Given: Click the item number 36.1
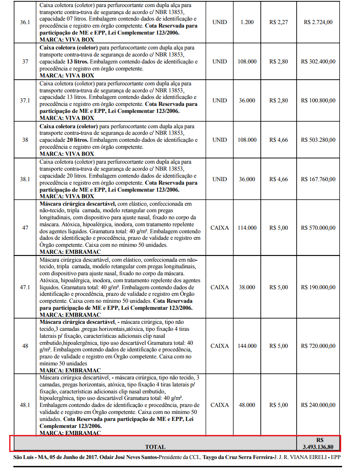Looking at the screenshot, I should point(25,22).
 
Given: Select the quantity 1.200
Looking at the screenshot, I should point(247,22).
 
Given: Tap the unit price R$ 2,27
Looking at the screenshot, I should point(278,22).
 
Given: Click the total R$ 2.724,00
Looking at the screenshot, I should point(318,22).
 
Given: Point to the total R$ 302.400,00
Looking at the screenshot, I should point(318,62).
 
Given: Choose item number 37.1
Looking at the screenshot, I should point(25,101).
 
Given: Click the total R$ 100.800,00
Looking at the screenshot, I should point(318,101).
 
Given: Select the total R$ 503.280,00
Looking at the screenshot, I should point(318,140).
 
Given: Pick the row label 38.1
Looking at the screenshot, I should point(25,179).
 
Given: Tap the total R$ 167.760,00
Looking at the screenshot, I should point(318,179).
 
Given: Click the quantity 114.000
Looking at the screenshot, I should point(247,228).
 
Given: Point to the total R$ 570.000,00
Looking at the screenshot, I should point(318,228).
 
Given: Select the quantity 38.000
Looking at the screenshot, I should point(247,287).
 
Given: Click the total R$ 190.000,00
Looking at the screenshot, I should point(318,287).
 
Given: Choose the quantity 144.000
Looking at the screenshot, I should point(247,346).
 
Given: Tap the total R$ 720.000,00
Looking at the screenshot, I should point(318,346).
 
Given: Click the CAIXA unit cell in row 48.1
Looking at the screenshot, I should point(219,405).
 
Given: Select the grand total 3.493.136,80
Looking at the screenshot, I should point(318,447).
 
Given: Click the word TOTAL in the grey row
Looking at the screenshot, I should point(155,447).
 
